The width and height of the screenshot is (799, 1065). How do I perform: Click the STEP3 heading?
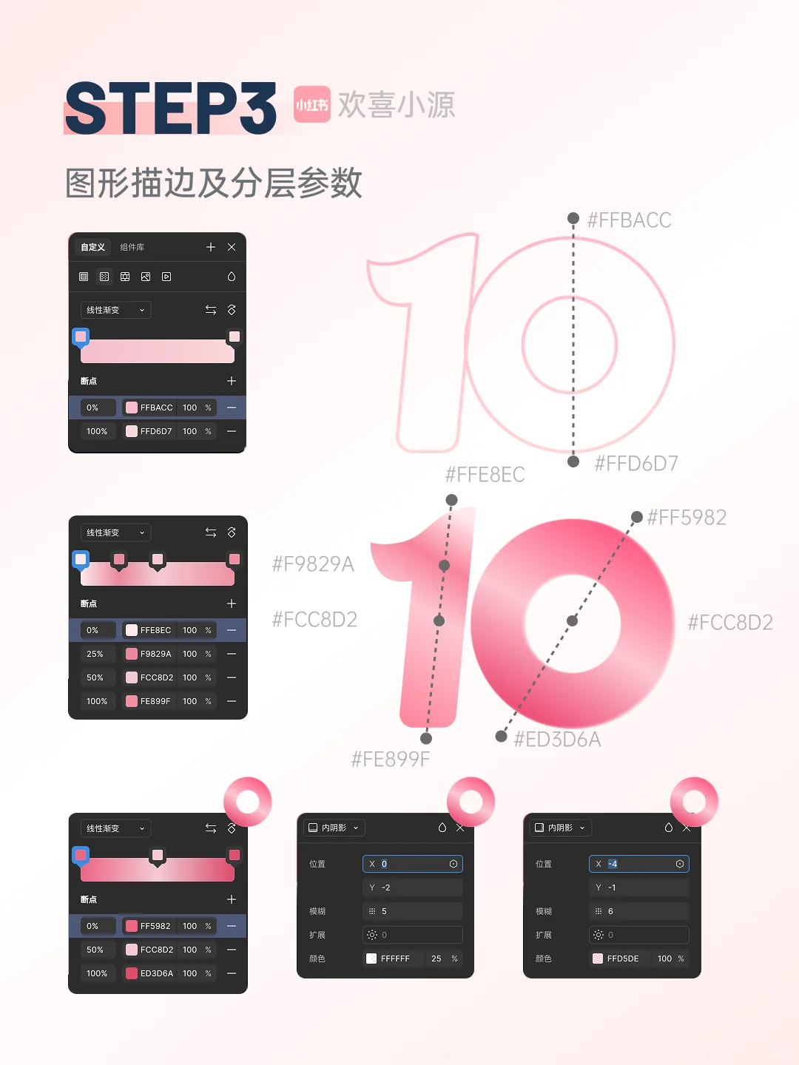171,108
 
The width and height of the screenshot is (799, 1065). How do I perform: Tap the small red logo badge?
311,104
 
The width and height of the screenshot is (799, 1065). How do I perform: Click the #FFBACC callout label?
629,220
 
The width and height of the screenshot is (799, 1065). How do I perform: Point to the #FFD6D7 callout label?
636,464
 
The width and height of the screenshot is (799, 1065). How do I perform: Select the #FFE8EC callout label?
485,475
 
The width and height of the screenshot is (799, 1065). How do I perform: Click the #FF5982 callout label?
687,518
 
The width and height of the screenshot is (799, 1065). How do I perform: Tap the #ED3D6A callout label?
557,740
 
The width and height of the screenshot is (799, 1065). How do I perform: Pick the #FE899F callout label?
390,760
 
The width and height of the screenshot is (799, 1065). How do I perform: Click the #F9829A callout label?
313,564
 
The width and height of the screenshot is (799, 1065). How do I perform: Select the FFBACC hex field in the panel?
156,408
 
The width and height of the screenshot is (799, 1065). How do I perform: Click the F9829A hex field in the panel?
155,654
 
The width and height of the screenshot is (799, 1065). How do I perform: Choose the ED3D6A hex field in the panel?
156,973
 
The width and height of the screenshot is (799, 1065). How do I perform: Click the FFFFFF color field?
395,958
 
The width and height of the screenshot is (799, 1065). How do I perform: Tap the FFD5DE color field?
622,958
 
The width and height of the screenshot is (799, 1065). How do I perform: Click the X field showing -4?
639,864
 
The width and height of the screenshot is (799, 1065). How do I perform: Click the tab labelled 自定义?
92,247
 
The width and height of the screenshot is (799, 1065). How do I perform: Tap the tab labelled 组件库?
132,247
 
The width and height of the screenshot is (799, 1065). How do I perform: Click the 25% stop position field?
95,654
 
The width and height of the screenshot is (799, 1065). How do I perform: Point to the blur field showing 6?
639,911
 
